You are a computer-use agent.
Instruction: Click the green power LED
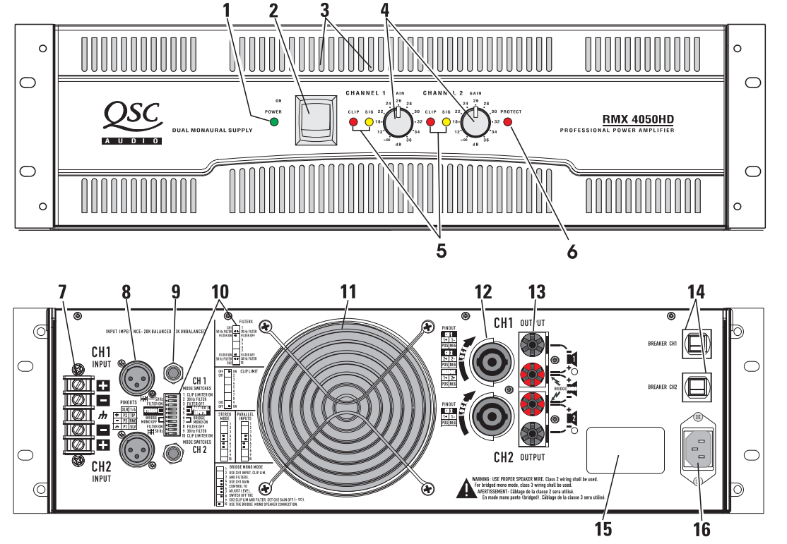pyautogui.click(x=273, y=123)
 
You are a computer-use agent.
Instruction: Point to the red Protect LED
pyautogui.click(x=507, y=123)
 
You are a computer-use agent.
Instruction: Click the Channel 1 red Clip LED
pyautogui.click(x=354, y=123)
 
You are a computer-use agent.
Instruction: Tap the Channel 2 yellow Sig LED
pyautogui.click(x=446, y=123)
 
